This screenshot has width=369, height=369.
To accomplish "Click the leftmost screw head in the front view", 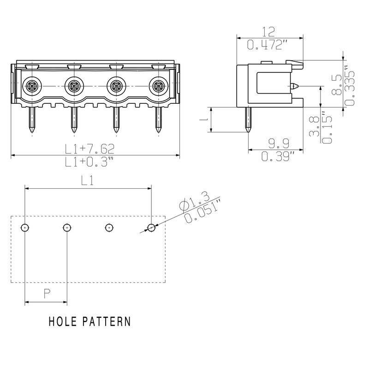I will (32, 85).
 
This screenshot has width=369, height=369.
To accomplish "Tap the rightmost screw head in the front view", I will (158, 85).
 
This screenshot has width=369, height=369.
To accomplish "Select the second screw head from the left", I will (74, 85).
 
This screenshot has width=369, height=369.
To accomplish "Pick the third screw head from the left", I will (116, 85).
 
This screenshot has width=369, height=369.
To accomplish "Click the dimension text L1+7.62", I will (89, 149).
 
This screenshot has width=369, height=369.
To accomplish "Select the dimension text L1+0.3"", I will (89, 161).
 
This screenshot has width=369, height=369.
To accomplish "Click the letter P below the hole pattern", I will (47, 293).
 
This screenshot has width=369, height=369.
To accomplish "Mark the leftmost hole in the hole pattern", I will (25, 227).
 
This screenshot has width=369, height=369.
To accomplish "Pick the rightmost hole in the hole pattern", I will (151, 227).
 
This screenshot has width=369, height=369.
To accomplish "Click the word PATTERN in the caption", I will (107, 321).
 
